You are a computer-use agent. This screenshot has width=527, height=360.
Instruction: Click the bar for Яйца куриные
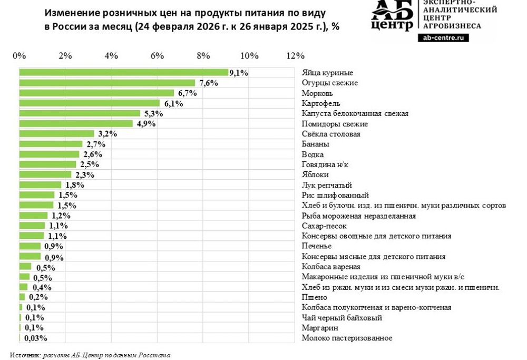tap(123, 73)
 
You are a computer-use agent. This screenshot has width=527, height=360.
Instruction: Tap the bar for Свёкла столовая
tap(56, 134)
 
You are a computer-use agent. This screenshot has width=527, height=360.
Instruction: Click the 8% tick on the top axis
tap(203, 56)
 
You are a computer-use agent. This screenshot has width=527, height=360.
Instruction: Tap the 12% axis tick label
tap(295, 56)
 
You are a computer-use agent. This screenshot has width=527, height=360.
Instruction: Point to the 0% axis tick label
tap(19, 56)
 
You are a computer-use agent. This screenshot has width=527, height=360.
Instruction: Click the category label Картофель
tap(321, 103)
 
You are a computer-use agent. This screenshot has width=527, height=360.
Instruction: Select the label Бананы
tap(316, 144)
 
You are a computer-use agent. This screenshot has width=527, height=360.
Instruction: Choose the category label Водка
tap(313, 154)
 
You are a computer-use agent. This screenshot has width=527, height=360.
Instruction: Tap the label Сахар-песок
tap(324, 226)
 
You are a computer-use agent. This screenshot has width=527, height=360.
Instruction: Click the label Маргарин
tap(320, 328)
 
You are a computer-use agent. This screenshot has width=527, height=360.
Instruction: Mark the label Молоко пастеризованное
tap(347, 338)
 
